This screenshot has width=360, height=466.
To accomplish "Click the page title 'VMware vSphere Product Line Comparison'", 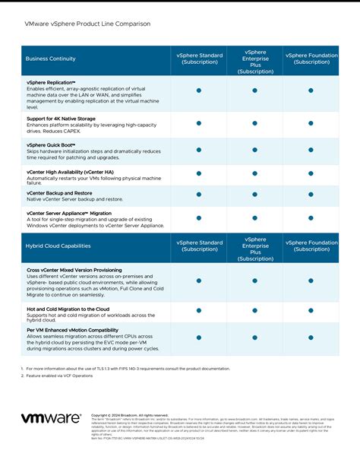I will pyautogui.click(x=88, y=24).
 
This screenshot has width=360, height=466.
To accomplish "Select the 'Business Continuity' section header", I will pyautogui.click(x=51, y=59).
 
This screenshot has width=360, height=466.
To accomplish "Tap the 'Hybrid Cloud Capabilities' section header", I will pyautogui.click(x=58, y=246).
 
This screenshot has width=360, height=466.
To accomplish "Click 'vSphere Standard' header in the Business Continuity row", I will pyautogui.click(x=200, y=59).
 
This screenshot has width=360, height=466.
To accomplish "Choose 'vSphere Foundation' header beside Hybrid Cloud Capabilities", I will pyautogui.click(x=311, y=246).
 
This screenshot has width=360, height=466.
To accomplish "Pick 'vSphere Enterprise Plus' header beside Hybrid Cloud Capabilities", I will pyautogui.click(x=255, y=246).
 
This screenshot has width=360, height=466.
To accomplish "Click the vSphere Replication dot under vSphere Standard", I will pyautogui.click(x=199, y=90).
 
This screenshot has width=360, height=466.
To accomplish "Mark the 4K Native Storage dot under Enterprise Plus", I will pyautogui.click(x=255, y=122).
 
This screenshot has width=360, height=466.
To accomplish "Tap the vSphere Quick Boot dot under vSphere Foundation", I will pyautogui.click(x=311, y=150).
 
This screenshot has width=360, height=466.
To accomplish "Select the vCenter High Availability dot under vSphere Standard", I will pyautogui.click(x=199, y=173).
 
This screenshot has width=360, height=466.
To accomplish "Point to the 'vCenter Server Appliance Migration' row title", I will pyautogui.click(x=69, y=214).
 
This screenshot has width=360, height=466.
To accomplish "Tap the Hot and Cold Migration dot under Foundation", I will pyautogui.click(x=311, y=310).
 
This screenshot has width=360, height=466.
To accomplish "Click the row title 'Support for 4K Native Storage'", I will pyautogui.click(x=61, y=119).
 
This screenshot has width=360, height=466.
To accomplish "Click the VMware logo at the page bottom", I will pyautogui.click(x=50, y=419).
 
